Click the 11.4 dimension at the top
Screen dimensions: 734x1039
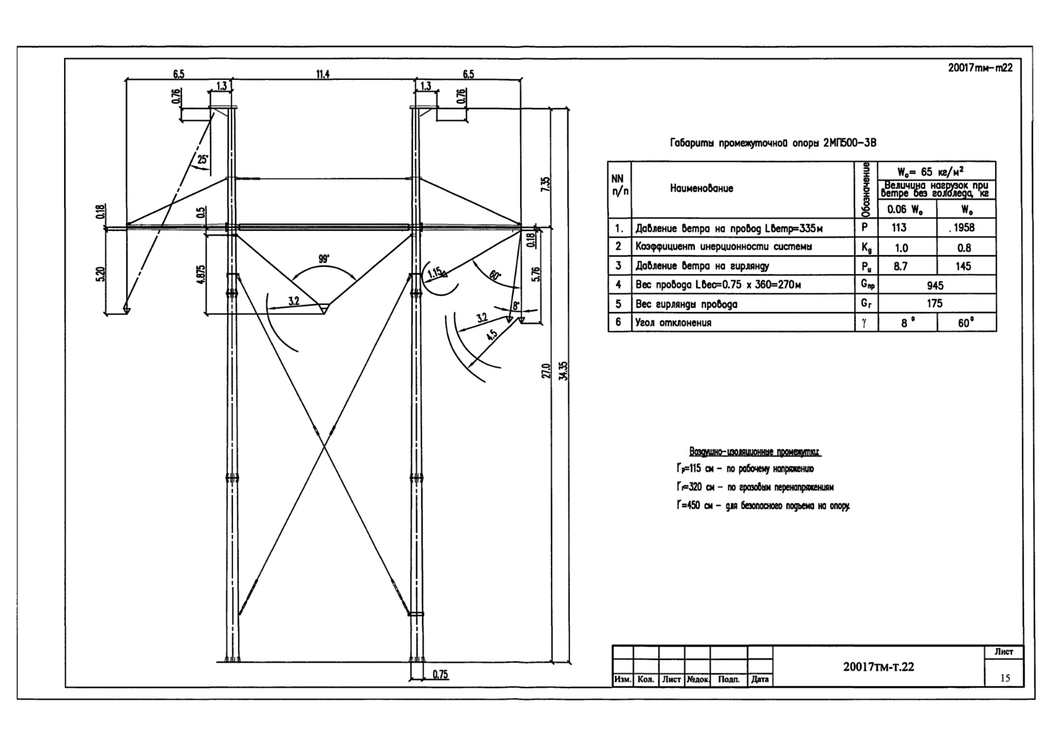323,75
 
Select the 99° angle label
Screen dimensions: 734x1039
324,259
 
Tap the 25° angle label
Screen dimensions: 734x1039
203,159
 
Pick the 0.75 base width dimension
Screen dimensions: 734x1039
440,675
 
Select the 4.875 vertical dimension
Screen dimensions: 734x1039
201,273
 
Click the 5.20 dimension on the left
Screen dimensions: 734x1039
100,275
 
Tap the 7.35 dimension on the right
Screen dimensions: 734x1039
546,184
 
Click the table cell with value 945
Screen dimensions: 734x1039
935,285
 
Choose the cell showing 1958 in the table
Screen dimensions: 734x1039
964,228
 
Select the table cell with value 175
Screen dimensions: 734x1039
935,304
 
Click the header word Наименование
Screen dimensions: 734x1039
701,188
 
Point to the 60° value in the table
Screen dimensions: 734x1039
966,323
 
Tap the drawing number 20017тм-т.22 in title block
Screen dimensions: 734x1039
879,667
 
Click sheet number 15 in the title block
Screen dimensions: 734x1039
1005,678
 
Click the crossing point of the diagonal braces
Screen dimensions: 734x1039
325,446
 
